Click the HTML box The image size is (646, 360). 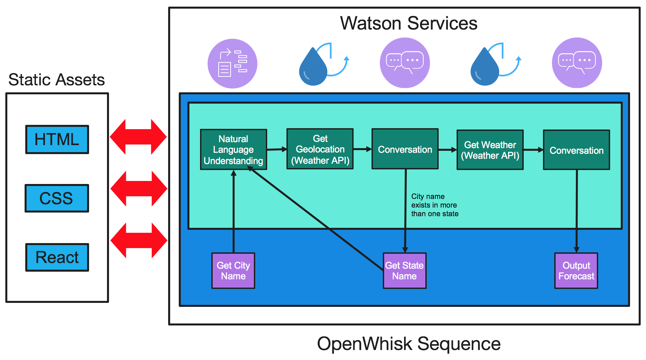57,139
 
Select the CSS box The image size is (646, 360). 57,198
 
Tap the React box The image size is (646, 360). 57,257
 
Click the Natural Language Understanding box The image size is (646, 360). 233,149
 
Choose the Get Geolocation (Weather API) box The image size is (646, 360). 320,149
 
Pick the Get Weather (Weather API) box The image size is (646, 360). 490,150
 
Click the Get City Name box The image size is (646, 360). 233,271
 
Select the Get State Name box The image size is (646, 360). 404,271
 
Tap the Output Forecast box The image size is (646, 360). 576,271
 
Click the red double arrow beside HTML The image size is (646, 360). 138,137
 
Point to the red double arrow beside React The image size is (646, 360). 139,240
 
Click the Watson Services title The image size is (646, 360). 408,23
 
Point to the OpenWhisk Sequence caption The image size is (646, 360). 408,344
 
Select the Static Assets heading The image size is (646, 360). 56,80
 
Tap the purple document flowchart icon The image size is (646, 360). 232,63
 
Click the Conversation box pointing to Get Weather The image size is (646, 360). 405,149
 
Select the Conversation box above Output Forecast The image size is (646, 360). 576,150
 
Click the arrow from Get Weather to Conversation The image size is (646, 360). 533,150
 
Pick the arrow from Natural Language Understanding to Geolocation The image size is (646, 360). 276,149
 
